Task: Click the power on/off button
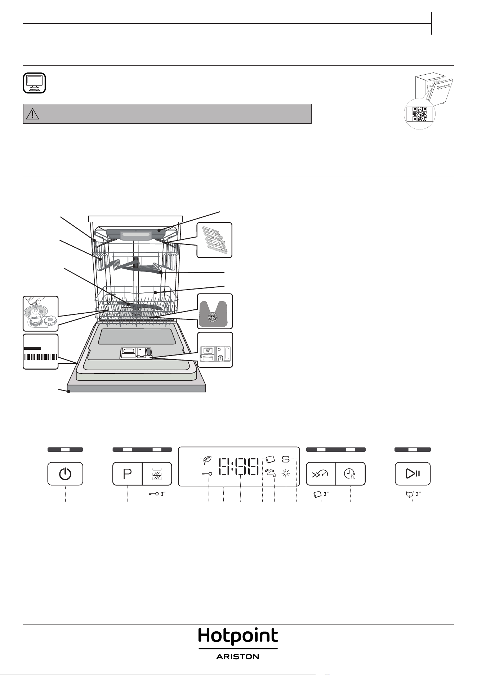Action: point(65,474)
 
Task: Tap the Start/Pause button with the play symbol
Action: point(413,474)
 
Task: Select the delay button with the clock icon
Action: point(351,474)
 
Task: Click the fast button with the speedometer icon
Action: point(321,474)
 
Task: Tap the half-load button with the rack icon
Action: point(157,474)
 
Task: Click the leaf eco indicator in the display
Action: point(207,460)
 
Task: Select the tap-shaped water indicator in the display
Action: point(270,473)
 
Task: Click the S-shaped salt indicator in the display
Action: point(286,459)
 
